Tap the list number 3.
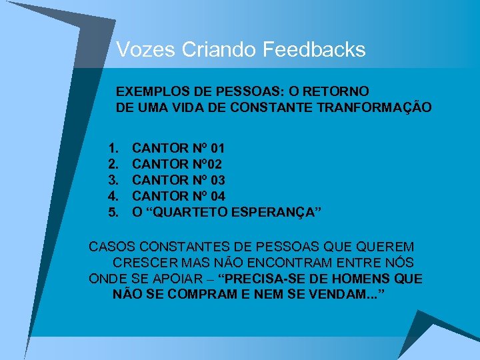point(113,180)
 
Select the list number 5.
point(113,212)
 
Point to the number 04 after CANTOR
point(217,196)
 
